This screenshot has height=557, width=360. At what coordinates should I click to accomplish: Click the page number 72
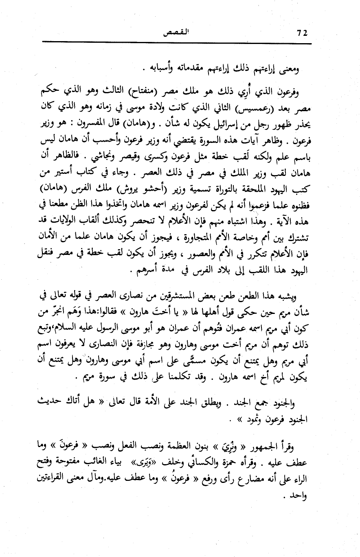(301, 33)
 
